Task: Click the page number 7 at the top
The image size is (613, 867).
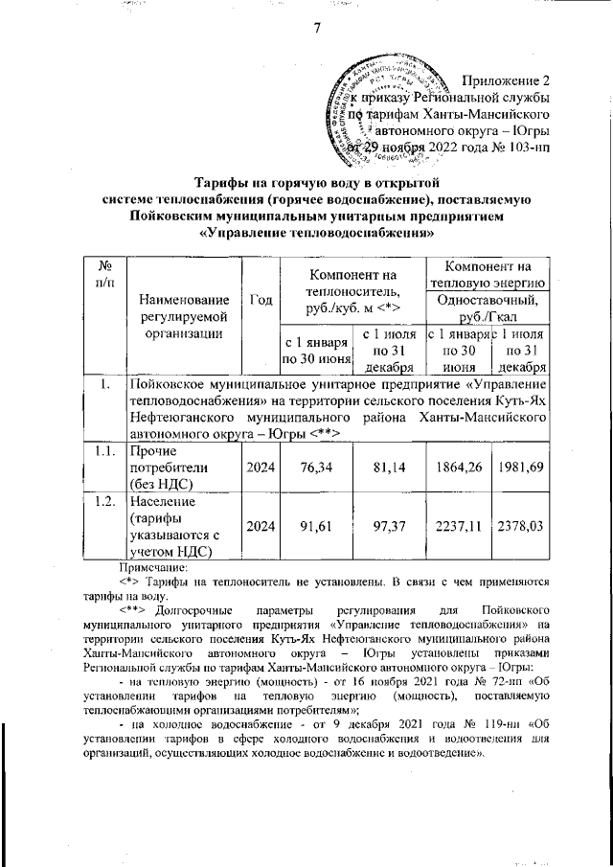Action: click(314, 28)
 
